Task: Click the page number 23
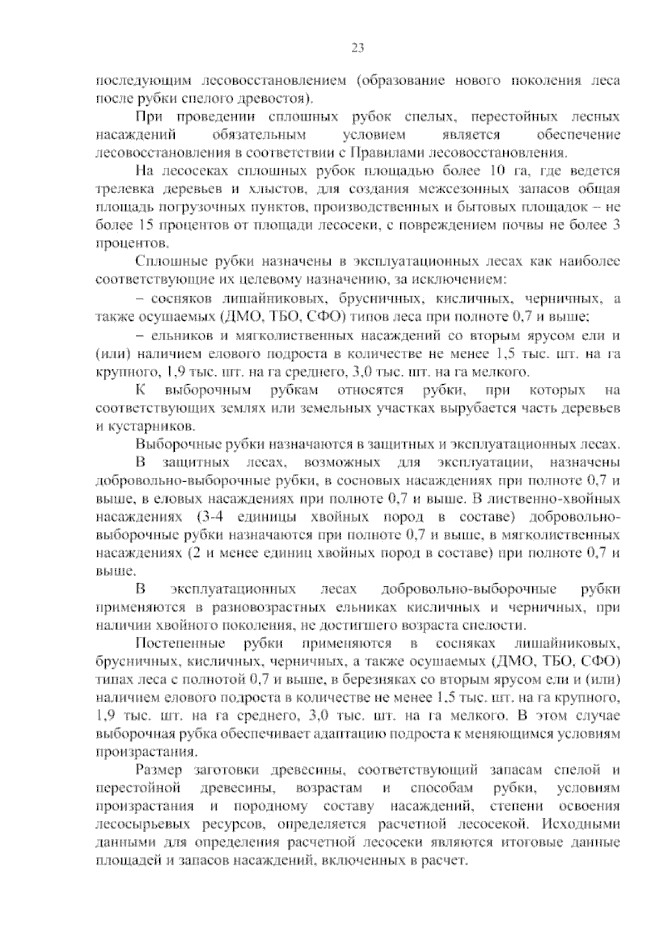coord(357,48)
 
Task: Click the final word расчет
coord(449,861)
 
